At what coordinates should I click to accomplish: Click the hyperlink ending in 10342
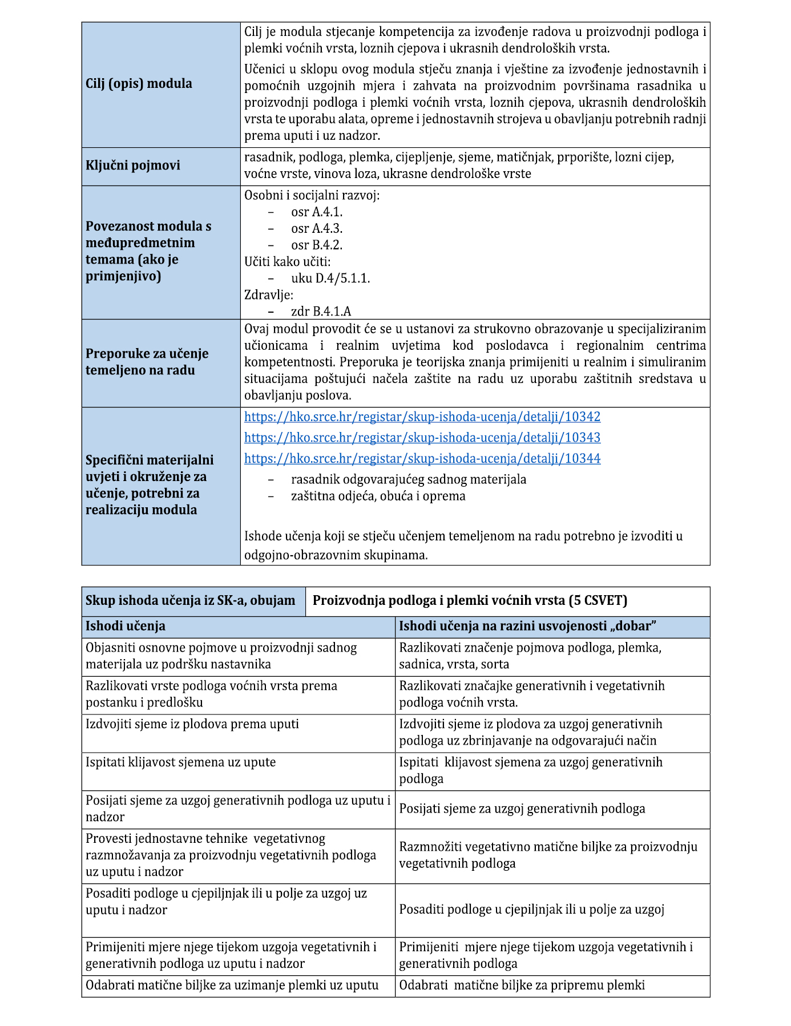[x=422, y=417]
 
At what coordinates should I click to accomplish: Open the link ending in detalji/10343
[x=422, y=438]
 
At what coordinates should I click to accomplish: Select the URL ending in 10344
[x=422, y=459]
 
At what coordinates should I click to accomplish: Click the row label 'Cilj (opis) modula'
[x=139, y=83]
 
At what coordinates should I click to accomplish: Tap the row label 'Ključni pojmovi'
[x=132, y=165]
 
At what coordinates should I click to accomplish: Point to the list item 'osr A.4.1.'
[x=317, y=212]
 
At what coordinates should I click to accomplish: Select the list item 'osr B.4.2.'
[x=317, y=245]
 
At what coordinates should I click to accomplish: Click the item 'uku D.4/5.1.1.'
[x=330, y=278]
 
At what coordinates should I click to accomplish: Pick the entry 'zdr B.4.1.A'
[x=321, y=312]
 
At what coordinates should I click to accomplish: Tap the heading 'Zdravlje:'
[x=269, y=295]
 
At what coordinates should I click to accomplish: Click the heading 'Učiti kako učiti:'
[x=287, y=262]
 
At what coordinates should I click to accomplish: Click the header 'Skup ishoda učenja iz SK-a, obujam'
[x=190, y=600]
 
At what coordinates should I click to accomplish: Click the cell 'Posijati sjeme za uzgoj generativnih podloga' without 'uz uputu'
[x=522, y=809]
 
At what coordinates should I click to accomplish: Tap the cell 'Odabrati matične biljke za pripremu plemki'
[x=522, y=985]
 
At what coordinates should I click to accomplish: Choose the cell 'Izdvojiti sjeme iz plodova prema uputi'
[x=192, y=724]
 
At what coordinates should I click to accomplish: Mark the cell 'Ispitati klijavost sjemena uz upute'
[x=180, y=762]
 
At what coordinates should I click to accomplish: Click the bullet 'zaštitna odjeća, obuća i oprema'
[x=378, y=496]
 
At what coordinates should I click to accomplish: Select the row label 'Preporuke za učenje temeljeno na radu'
[x=147, y=362]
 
